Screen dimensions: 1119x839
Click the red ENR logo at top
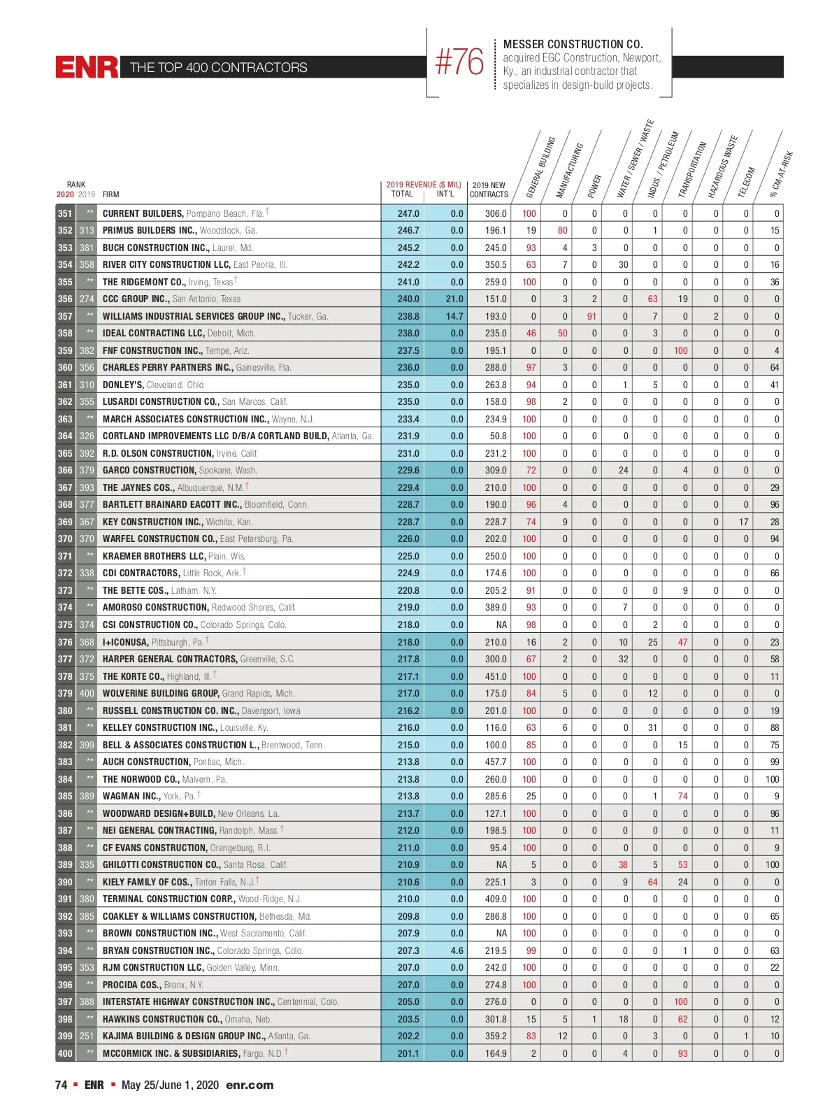87,67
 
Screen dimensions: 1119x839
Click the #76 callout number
459,63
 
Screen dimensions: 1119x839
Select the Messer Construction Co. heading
573,44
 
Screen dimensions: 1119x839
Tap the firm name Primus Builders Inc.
149,230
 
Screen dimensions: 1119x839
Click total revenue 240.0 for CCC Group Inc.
408,299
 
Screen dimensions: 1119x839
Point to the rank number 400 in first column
65,1053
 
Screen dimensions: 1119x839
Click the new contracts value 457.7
496,762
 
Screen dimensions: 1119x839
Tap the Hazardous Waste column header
722,168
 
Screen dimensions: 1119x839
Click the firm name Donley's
123,385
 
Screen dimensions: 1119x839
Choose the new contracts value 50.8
498,436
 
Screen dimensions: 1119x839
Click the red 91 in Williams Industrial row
591,316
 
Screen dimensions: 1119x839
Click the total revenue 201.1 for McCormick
408,1053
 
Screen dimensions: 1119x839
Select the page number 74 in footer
62,1085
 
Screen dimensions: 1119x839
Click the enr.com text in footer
250,1085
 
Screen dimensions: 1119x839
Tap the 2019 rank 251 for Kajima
87,1036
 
